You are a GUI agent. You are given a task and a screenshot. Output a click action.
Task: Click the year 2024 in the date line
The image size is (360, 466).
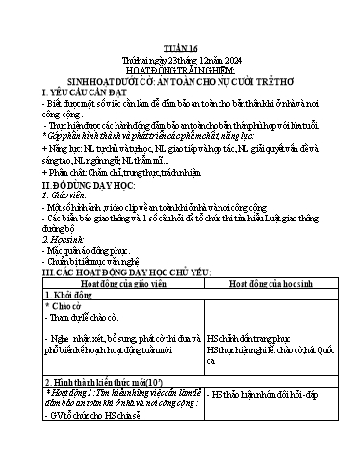pyautogui.click(x=235, y=30)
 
